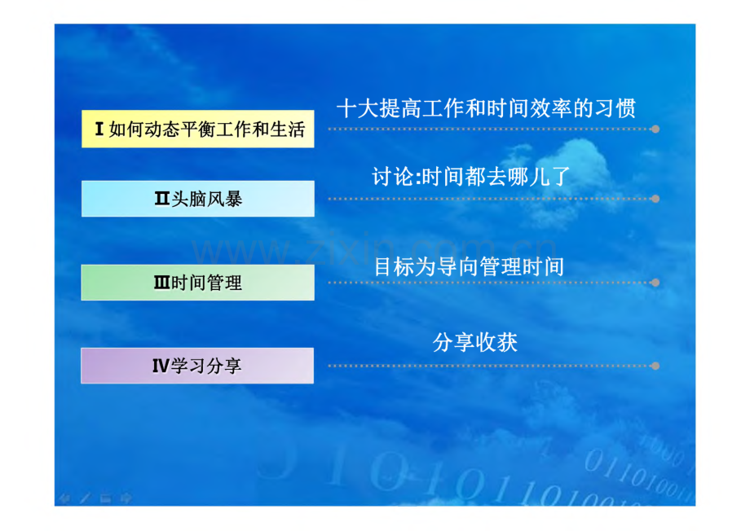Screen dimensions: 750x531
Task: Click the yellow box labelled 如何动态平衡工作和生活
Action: tap(198, 129)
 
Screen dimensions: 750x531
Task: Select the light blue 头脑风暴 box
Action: tap(198, 199)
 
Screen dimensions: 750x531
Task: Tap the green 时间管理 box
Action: tap(198, 283)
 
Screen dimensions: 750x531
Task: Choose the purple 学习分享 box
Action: tap(197, 366)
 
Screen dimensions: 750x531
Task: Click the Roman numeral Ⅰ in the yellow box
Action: tap(99, 129)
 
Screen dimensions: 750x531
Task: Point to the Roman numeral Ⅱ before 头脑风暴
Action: tap(162, 199)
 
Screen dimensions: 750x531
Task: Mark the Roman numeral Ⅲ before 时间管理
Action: tap(161, 283)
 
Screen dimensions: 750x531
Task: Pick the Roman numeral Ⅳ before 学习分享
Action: tap(161, 366)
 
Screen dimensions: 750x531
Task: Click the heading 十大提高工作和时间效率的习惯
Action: tap(487, 108)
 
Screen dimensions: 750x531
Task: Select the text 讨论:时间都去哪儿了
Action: tap(471, 177)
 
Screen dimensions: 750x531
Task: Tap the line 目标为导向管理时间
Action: tap(469, 266)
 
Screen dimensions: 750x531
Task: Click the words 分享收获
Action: tap(475, 342)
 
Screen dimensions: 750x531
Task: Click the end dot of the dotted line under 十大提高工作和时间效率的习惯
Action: tap(655, 129)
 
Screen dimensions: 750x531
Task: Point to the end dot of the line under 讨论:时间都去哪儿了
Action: tap(655, 199)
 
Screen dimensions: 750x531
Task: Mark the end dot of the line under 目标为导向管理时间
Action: tap(655, 283)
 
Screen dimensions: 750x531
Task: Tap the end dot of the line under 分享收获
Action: tap(655, 366)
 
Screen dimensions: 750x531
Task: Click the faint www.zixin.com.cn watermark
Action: tap(374, 248)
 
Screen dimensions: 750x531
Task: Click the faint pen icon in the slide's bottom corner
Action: tap(85, 498)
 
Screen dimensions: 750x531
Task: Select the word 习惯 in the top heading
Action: tap(615, 108)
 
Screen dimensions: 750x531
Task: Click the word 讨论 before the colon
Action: tap(393, 177)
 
